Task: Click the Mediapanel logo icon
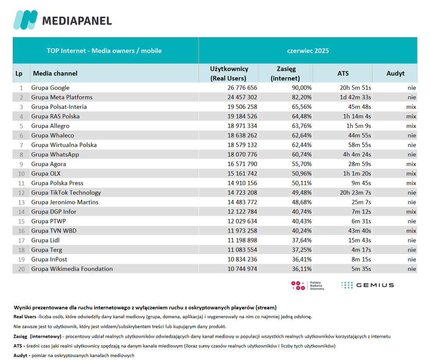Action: click(x=25, y=20)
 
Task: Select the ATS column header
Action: click(x=343, y=73)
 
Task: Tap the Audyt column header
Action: click(x=395, y=73)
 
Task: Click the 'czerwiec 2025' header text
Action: click(x=308, y=51)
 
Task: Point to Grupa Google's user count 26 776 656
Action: click(x=242, y=88)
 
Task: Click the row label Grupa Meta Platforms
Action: click(x=62, y=97)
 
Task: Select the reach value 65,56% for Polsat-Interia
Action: click(x=302, y=107)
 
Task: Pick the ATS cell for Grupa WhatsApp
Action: click(x=357, y=155)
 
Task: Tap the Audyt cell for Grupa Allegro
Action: click(x=411, y=126)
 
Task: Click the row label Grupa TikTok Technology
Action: click(x=66, y=192)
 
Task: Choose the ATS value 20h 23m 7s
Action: click(x=355, y=192)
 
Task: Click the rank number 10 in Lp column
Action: click(x=21, y=174)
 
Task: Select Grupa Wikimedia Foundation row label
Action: click(x=72, y=269)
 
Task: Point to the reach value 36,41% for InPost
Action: click(x=302, y=259)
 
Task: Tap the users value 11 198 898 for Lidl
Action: click(x=242, y=240)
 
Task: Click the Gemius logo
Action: click(x=367, y=285)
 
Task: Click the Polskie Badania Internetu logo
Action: click(x=307, y=285)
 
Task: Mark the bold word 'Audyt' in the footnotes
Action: click(x=20, y=356)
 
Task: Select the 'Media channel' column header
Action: click(x=55, y=73)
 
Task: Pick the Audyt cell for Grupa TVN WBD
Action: click(x=411, y=231)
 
